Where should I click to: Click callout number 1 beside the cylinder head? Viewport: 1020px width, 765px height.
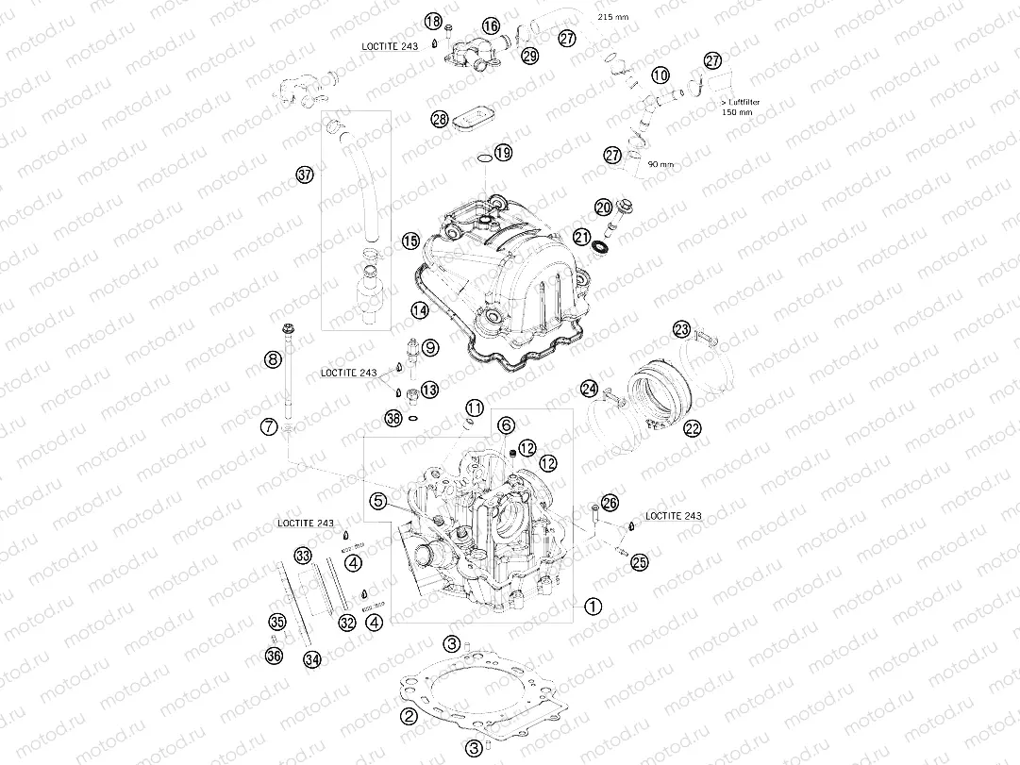tap(593, 607)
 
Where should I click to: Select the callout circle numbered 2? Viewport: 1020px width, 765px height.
tap(409, 716)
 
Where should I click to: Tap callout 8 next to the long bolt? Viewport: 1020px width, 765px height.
tap(272, 359)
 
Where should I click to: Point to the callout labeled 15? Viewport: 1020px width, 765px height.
tap(410, 241)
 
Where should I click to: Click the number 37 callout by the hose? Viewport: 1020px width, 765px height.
tap(304, 175)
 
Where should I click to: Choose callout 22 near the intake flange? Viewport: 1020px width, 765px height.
tap(693, 428)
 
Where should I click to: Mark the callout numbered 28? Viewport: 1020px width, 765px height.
tap(439, 119)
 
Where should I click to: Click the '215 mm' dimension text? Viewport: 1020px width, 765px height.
tap(614, 17)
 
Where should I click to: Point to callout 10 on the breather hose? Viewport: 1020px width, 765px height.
tap(660, 74)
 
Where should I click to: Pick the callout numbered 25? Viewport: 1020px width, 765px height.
tap(640, 562)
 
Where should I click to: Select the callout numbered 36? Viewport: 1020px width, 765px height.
tap(275, 656)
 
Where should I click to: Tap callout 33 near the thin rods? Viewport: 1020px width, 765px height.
tap(303, 554)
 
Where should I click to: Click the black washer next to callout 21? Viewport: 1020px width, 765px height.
tap(600, 247)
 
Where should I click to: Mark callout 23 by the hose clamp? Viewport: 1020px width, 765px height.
tap(681, 329)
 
